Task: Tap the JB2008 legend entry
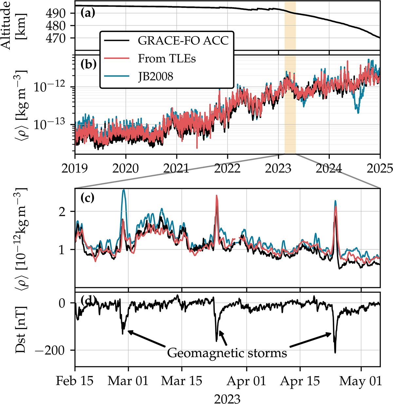click(x=156, y=77)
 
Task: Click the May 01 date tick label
click(x=361, y=381)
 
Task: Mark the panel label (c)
click(x=87, y=198)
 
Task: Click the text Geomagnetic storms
click(x=227, y=353)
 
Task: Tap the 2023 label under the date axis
click(x=227, y=398)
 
